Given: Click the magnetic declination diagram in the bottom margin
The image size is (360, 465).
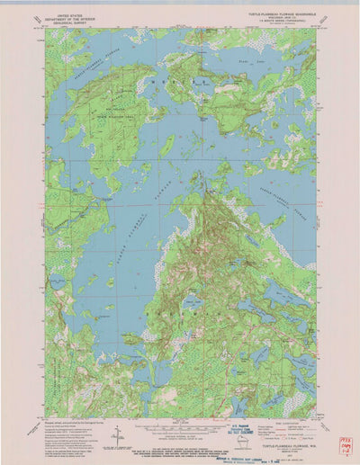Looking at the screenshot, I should coord(116,434).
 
